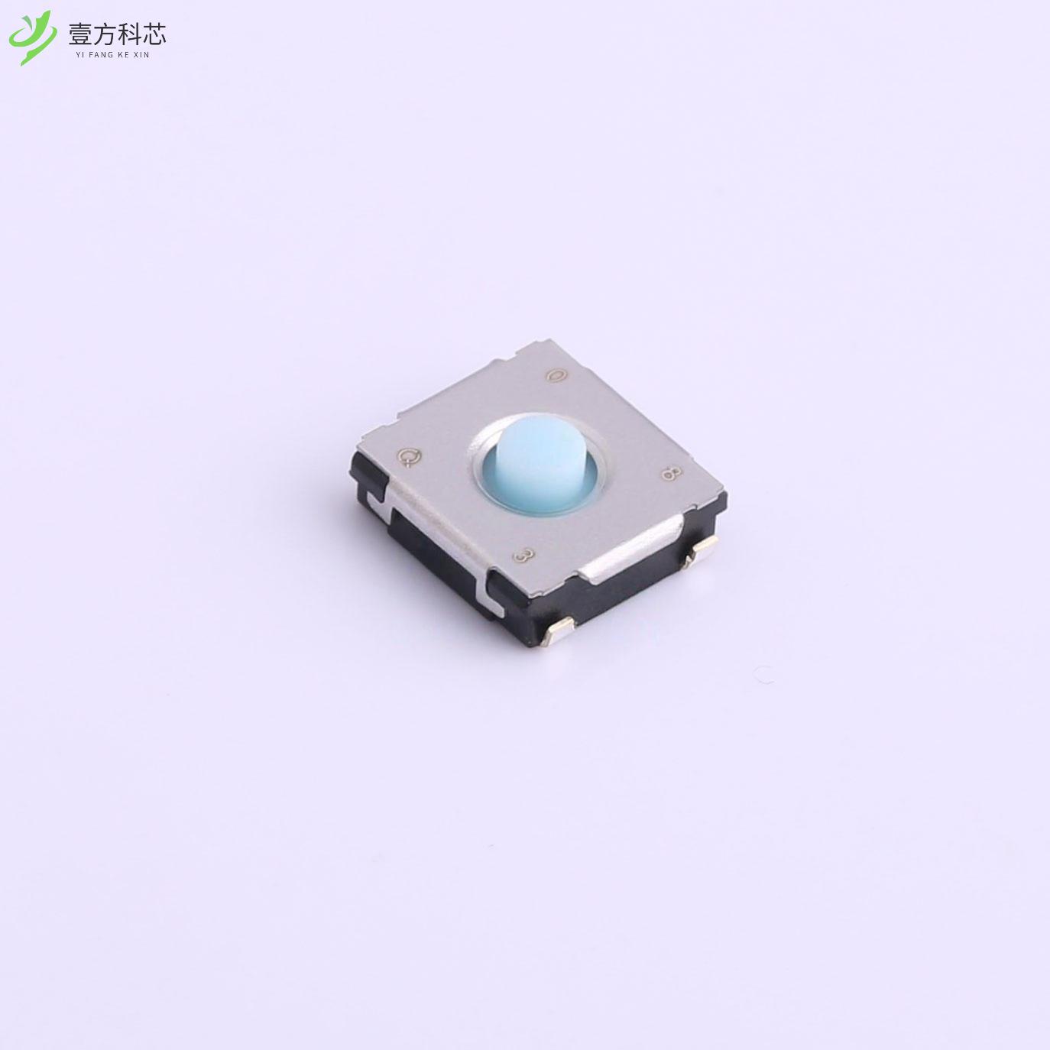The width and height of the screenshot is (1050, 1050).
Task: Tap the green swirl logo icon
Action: tap(32, 37)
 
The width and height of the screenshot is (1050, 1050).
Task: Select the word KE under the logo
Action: tap(128, 54)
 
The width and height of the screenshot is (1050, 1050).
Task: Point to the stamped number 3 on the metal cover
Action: tap(523, 556)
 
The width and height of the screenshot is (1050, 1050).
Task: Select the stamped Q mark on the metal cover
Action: tap(410, 457)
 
